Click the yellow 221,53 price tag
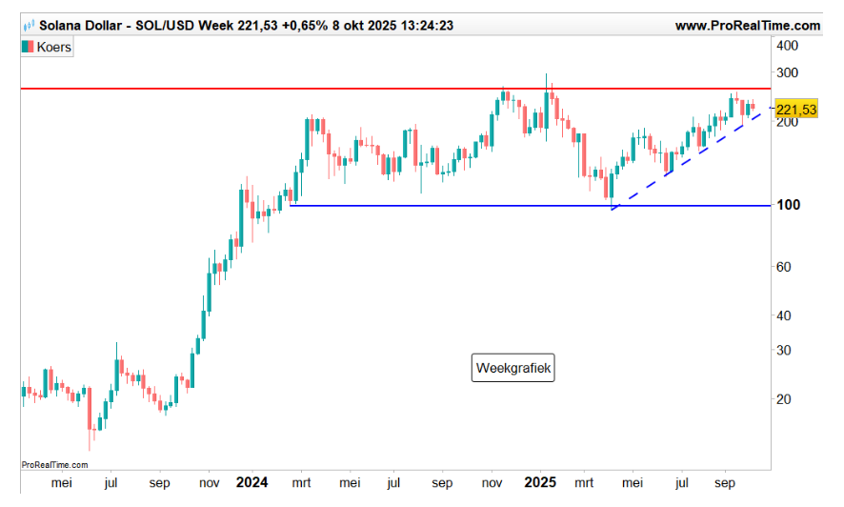tap(796, 111)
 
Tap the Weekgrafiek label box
tap(513, 368)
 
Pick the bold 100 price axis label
tap(787, 206)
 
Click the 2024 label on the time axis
tap(251, 483)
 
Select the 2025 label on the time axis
tap(541, 483)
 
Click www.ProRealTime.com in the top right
tap(747, 27)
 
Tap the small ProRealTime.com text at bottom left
tap(54, 465)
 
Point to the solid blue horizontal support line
tap(476, 205)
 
